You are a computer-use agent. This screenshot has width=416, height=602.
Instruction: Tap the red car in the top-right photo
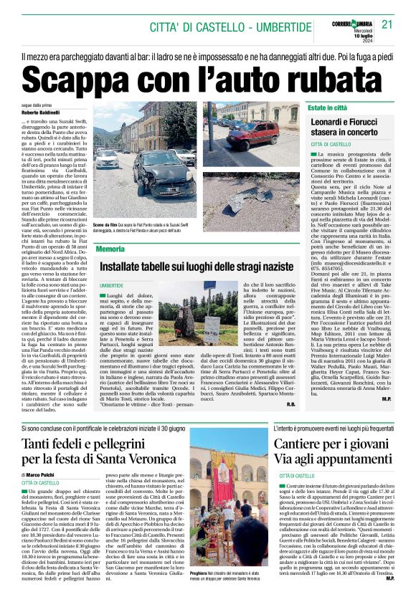tap(263, 130)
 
